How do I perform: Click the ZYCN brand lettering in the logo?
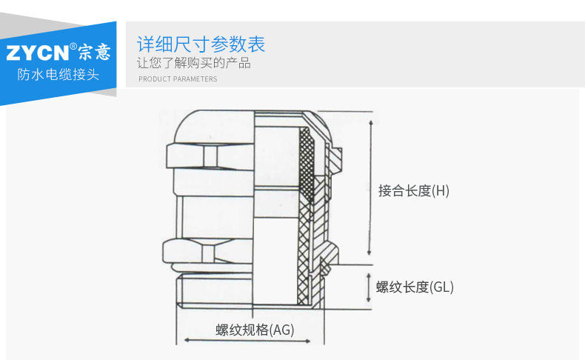[x=38, y=53]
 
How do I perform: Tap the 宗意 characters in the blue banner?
[x=93, y=52]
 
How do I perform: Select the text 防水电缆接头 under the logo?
[x=58, y=75]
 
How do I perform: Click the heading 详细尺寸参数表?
[x=201, y=44]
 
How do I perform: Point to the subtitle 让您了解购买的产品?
[x=194, y=63]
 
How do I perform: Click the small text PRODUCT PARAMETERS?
[x=178, y=79]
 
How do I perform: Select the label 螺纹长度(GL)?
[x=414, y=287]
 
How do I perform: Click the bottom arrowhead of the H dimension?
[x=370, y=252]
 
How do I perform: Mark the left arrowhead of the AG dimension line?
[x=187, y=341]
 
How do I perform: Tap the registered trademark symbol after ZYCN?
[x=73, y=47]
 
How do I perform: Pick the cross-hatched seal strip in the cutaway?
[x=304, y=222]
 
